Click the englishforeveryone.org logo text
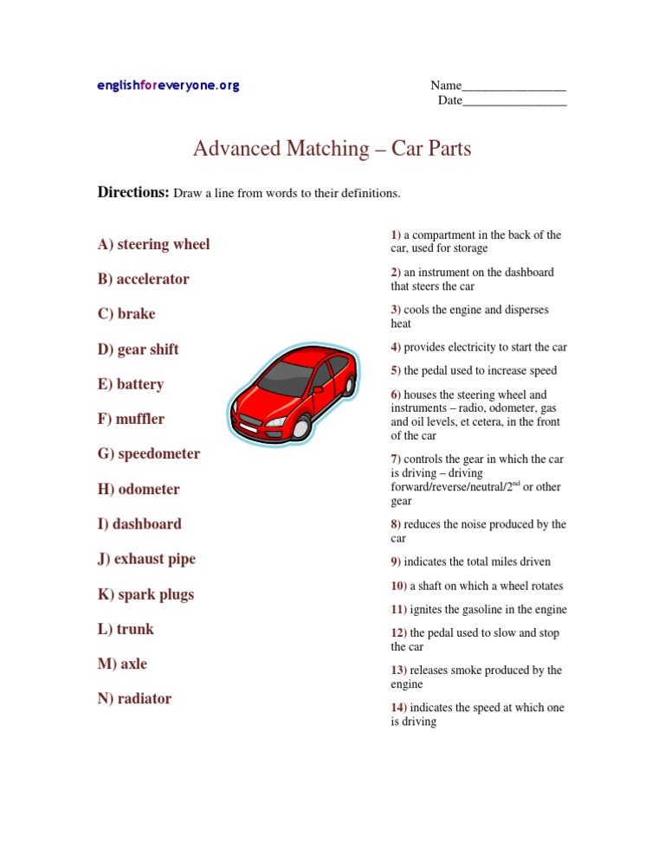pyautogui.click(x=168, y=86)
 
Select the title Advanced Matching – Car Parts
pyautogui.click(x=332, y=149)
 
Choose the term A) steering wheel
pyautogui.click(x=154, y=244)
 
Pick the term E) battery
pyautogui.click(x=131, y=384)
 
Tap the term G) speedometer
pyautogui.click(x=149, y=453)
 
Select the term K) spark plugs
pyautogui.click(x=146, y=594)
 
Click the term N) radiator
pyautogui.click(x=135, y=698)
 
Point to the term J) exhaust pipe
pyautogui.click(x=147, y=559)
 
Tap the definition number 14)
pyautogui.click(x=398, y=707)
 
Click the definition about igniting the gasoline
pyautogui.click(x=479, y=610)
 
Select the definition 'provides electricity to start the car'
pyautogui.click(x=479, y=347)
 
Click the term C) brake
pyautogui.click(x=126, y=314)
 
